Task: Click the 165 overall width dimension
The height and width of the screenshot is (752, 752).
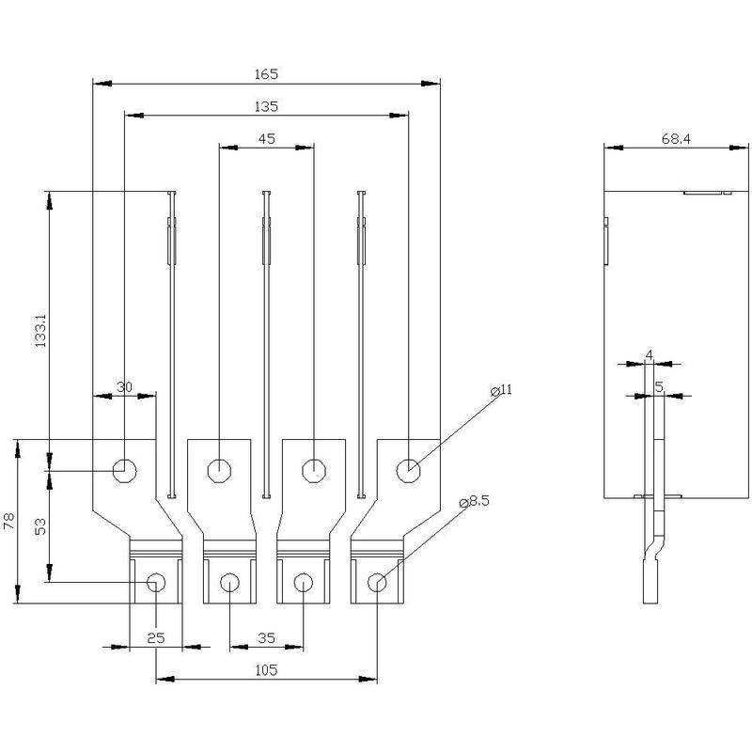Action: (266, 73)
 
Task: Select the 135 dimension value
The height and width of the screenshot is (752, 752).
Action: (266, 106)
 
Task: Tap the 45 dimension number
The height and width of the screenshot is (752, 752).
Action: (266, 138)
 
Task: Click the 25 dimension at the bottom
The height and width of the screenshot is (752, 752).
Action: (156, 637)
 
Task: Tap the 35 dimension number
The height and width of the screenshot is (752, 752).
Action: (266, 637)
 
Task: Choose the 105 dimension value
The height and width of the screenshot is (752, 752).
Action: (266, 670)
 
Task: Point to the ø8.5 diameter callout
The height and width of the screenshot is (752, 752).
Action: (475, 503)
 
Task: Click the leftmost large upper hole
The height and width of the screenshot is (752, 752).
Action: (123, 469)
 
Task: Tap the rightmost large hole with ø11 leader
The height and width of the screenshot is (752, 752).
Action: (407, 469)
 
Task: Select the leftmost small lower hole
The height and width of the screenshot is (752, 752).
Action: (156, 583)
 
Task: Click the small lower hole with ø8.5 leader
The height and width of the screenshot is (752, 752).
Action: (376, 583)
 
